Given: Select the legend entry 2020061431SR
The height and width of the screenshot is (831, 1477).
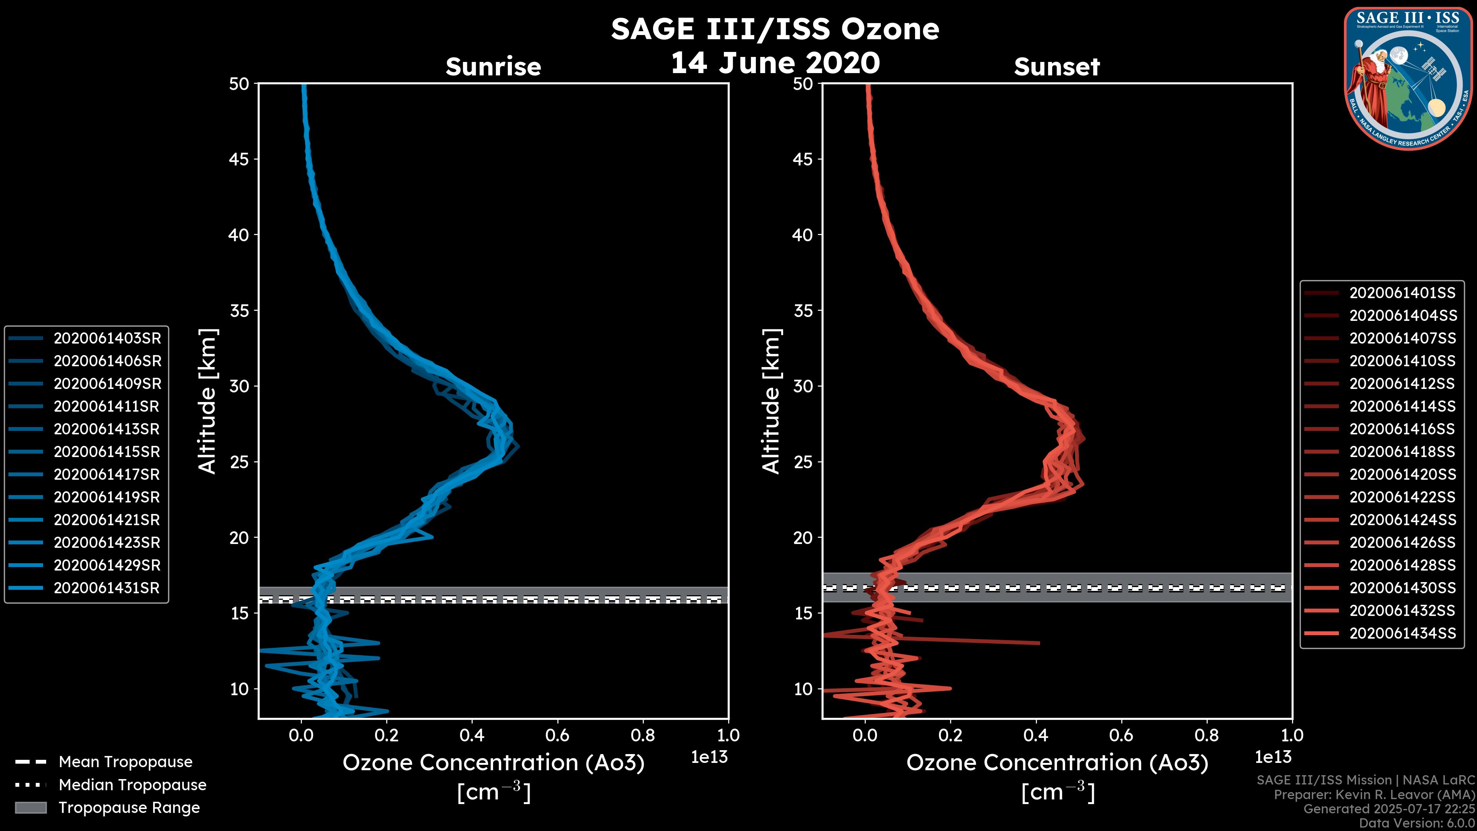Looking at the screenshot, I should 106,588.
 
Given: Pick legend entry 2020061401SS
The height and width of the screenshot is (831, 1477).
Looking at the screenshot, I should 1402,293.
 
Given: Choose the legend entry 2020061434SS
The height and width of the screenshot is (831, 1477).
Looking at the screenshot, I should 1402,633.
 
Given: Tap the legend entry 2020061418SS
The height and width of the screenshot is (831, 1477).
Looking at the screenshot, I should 1402,452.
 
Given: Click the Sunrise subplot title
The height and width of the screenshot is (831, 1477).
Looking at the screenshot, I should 493,67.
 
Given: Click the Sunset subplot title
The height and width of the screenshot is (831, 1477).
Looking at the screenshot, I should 1057,67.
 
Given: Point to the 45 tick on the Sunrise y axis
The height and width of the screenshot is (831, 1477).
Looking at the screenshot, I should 239,159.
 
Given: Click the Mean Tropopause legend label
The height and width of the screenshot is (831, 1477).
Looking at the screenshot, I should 125,762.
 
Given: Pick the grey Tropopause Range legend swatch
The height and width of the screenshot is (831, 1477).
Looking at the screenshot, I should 30,808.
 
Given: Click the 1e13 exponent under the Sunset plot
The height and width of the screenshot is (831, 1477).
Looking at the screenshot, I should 1273,757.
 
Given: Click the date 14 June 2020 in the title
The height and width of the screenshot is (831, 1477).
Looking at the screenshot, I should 775,63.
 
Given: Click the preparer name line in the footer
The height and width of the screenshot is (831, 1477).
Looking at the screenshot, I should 1374,795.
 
